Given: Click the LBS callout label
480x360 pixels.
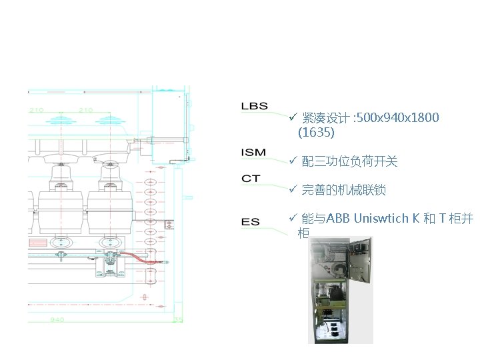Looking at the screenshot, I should (254, 106).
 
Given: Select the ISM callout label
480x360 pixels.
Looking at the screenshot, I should (253, 153).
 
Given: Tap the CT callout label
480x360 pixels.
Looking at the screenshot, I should (251, 179).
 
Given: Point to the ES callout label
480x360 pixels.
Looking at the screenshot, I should (251, 222).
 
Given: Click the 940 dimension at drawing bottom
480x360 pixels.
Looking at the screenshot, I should (58, 319).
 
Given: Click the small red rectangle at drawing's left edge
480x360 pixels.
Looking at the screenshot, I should (37, 243).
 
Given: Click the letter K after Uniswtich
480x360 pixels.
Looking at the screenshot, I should (416, 219).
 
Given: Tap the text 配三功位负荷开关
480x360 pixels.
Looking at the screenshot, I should (349, 162).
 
